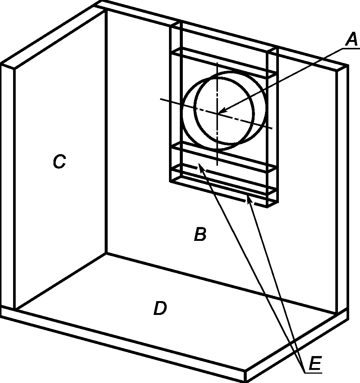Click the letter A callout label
pyautogui.click(x=352, y=40)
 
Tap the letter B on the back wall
pyautogui.click(x=200, y=234)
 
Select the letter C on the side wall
pyautogui.click(x=59, y=161)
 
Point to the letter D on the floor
pyautogui.click(x=160, y=308)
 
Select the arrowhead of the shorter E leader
pyautogui.click(x=249, y=199)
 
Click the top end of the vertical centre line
pyautogui.click(x=217, y=63)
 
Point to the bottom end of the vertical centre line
pyautogui.click(x=217, y=165)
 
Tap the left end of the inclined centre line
pyautogui.click(x=160, y=99)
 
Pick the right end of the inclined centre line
pyautogui.click(x=273, y=128)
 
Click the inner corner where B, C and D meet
pyautogui.click(x=106, y=253)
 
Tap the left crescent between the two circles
pyautogui.click(x=189, y=112)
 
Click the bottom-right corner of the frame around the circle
pyautogui.click(x=267, y=207)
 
